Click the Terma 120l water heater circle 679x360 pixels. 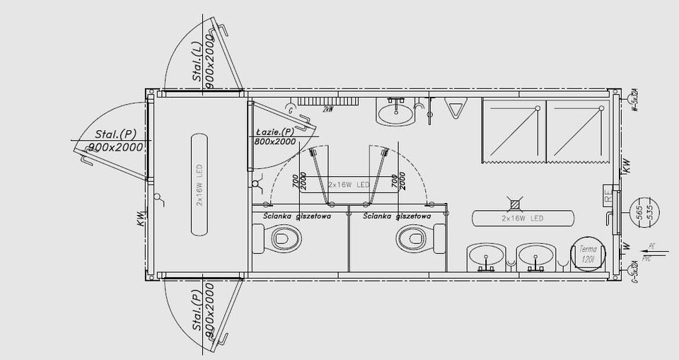[588, 255]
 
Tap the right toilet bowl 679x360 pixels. [414, 238]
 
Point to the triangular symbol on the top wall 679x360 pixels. [455, 110]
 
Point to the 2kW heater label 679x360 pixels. [328, 110]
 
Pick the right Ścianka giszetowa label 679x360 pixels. [396, 215]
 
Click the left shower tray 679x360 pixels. [513, 131]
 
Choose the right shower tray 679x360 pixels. [576, 131]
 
